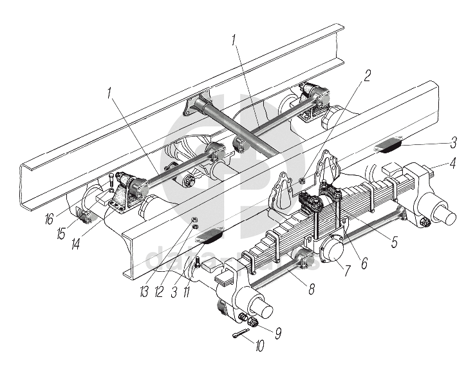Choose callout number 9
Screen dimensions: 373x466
click(279, 333)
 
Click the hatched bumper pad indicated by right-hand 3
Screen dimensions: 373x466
click(389, 144)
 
